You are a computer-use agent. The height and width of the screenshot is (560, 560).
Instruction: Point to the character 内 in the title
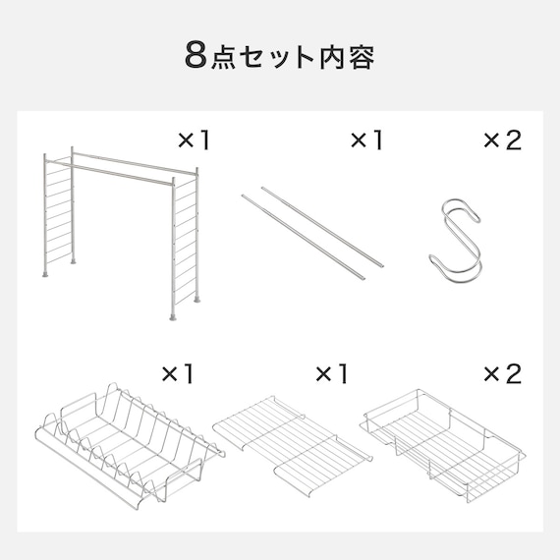click(330, 56)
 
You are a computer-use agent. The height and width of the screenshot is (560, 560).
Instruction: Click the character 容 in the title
click(361, 56)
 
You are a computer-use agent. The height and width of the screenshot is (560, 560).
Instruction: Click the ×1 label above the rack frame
click(194, 140)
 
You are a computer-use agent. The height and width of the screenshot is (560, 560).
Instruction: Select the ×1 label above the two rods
click(365, 140)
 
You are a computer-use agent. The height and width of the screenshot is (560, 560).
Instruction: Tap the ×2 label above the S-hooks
click(501, 140)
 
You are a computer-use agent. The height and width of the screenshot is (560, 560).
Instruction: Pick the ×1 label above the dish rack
click(179, 373)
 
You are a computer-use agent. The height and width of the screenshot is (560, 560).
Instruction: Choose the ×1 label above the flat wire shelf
click(331, 373)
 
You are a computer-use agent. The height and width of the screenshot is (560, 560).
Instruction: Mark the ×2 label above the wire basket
click(501, 373)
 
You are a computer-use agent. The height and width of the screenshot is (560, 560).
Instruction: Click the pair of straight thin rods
click(312, 228)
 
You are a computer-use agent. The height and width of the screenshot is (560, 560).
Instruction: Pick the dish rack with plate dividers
click(128, 442)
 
